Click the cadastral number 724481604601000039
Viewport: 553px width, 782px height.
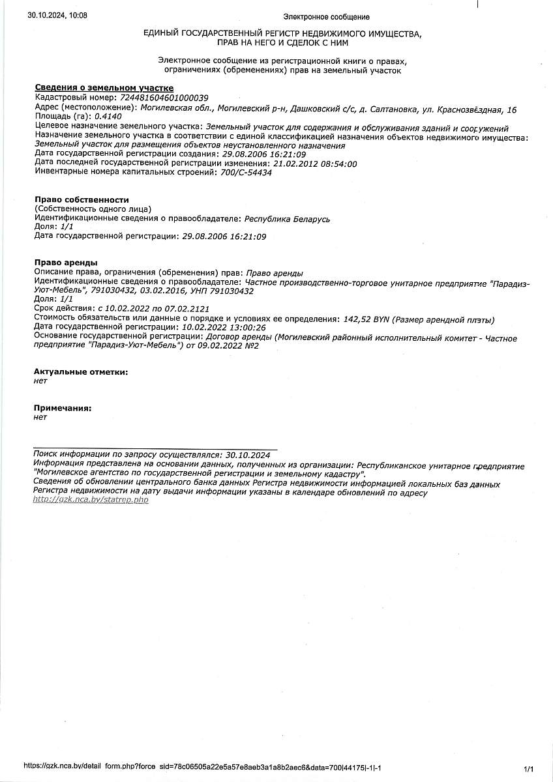pyautogui.click(x=160, y=97)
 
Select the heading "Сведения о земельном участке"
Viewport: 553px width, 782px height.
pyautogui.click(x=104, y=88)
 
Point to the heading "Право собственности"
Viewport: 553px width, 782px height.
pyautogui.click(x=82, y=199)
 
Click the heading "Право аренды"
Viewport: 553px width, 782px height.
pyautogui.click(x=66, y=263)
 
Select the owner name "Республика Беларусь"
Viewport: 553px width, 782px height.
pyautogui.click(x=287, y=219)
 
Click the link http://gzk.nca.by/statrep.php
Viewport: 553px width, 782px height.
pyautogui.click(x=91, y=500)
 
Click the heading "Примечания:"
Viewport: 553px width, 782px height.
pyautogui.click(x=63, y=408)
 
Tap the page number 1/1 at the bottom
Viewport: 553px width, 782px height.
pyautogui.click(x=529, y=769)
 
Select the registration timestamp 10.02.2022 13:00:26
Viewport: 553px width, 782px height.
pyautogui.click(x=224, y=327)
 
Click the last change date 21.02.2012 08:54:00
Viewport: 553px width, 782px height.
pyautogui.click(x=315, y=164)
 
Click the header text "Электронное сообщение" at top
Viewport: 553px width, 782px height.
pyautogui.click(x=326, y=17)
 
